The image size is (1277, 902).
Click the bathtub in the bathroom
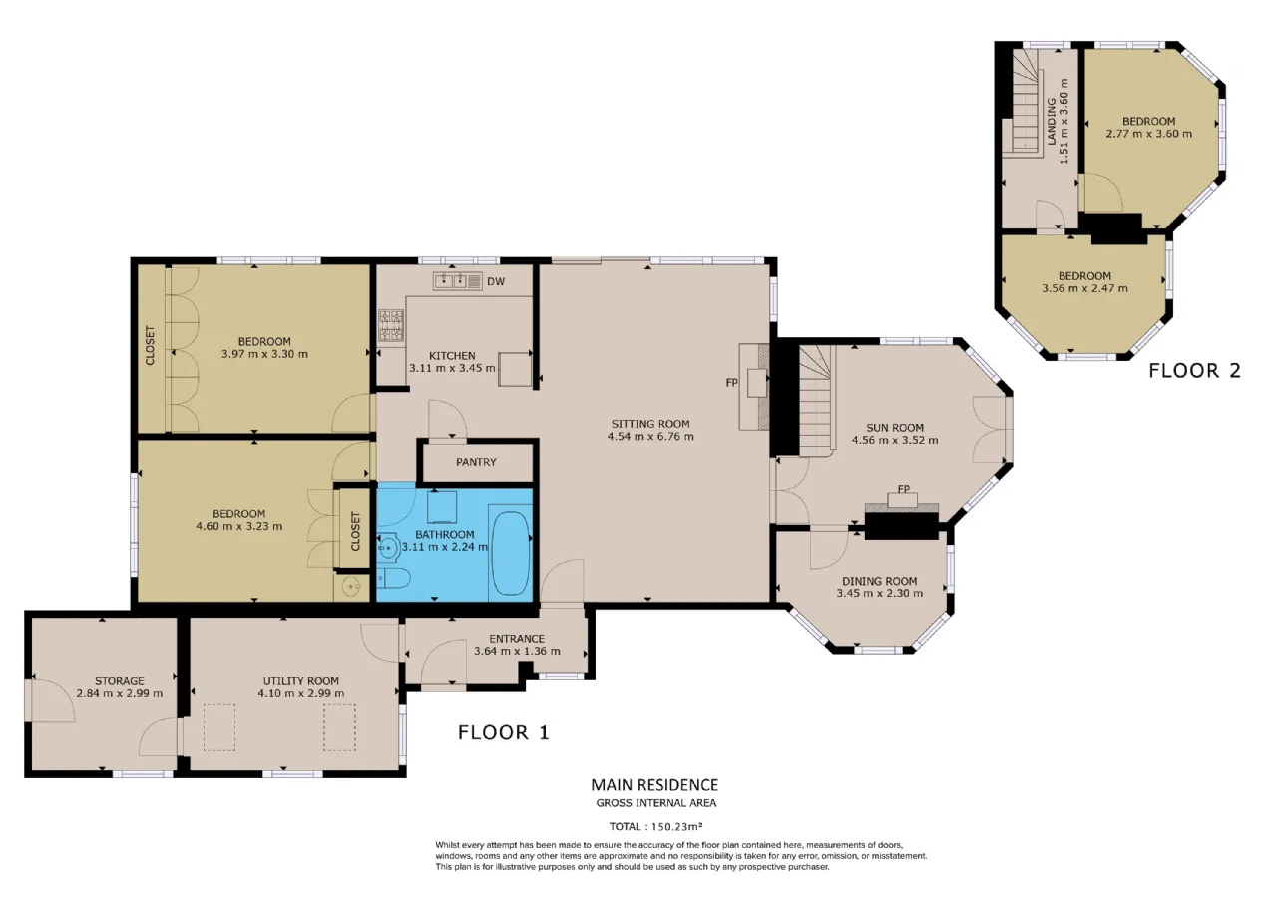[x=510, y=553]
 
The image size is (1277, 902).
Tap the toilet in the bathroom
[x=393, y=579]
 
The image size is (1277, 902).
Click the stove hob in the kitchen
[x=391, y=325]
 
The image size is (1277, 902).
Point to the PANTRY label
[x=476, y=462]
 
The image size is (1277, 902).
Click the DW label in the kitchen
[x=496, y=281]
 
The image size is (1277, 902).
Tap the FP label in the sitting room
[x=732, y=383]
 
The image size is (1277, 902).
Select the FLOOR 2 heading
[x=1194, y=371]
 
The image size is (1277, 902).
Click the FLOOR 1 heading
[x=504, y=732]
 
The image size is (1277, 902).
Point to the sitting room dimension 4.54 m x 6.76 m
[x=650, y=437]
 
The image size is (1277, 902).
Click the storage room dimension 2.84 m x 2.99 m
[x=119, y=693]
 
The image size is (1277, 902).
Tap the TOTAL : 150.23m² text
[x=655, y=827]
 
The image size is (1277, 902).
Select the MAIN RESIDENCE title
[x=654, y=785]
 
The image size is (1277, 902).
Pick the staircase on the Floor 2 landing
[x=1025, y=102]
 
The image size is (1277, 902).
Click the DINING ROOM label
[x=880, y=581]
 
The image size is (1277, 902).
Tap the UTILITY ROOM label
[x=301, y=681]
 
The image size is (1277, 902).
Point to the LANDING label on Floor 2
[x=1052, y=122]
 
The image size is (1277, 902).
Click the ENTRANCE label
[x=517, y=639]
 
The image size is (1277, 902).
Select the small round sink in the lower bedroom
[x=352, y=585]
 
